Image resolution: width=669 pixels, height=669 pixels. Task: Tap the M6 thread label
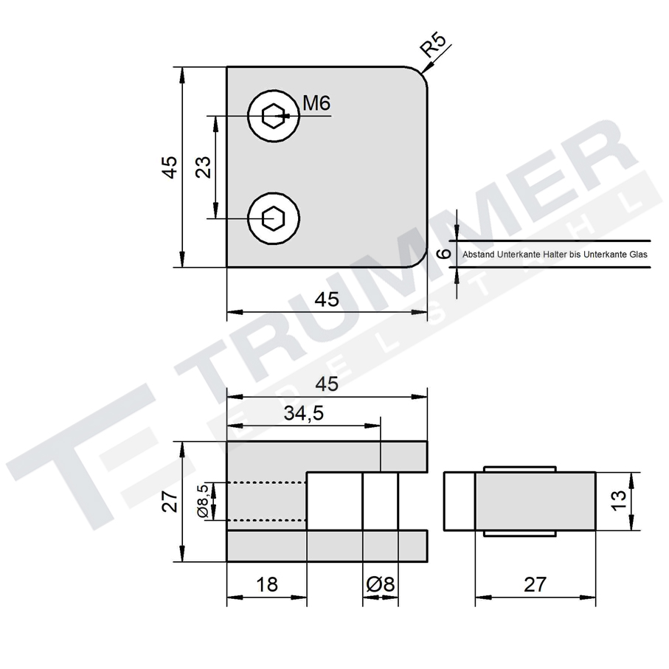click(x=316, y=104)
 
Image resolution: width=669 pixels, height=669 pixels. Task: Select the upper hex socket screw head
click(x=275, y=116)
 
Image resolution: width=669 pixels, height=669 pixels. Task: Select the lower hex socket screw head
click(x=275, y=218)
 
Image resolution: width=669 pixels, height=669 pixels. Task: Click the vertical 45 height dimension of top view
click(x=169, y=167)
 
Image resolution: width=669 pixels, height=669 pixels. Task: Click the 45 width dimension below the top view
click(x=327, y=299)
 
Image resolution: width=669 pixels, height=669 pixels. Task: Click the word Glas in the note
click(x=638, y=254)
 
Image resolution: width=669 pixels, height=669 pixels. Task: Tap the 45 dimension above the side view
click(x=327, y=384)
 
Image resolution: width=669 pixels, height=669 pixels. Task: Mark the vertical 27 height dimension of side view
click(x=170, y=502)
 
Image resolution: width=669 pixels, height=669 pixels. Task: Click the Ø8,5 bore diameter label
click(x=201, y=502)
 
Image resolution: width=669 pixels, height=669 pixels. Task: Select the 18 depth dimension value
click(x=266, y=584)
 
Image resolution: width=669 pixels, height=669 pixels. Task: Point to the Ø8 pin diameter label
click(x=381, y=584)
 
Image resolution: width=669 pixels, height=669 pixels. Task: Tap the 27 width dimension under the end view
click(x=535, y=584)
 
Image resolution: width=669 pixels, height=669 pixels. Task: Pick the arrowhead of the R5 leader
click(x=426, y=71)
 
